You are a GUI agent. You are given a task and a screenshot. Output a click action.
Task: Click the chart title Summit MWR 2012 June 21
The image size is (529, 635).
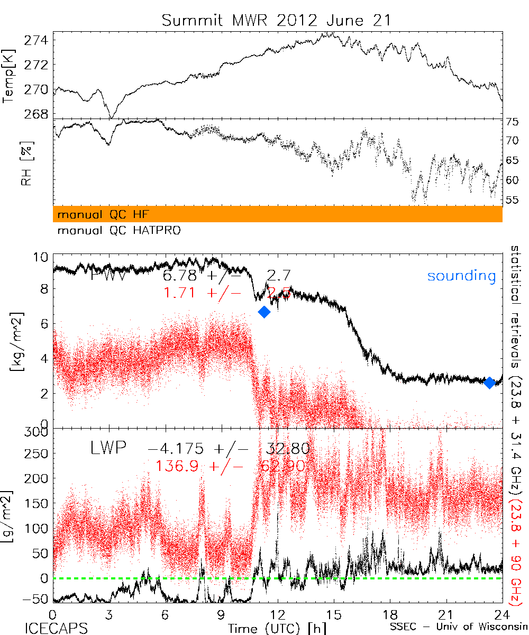tap(277, 21)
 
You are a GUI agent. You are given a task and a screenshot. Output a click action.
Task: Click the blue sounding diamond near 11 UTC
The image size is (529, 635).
tap(264, 312)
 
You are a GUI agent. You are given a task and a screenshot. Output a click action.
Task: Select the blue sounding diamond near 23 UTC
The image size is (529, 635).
tap(490, 383)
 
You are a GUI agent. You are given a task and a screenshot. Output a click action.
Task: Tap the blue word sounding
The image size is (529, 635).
tap(461, 276)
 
